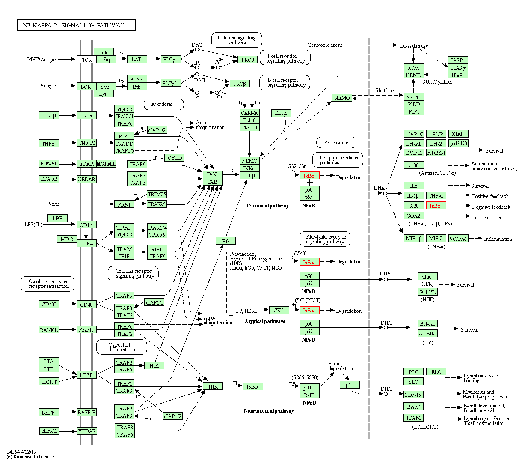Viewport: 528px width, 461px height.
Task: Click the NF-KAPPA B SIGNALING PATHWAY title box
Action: point(76,25)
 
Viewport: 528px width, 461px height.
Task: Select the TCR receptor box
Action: point(86,60)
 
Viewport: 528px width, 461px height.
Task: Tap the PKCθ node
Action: point(247,60)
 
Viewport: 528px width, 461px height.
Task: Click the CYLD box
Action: point(175,158)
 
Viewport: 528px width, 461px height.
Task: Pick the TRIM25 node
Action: point(157,194)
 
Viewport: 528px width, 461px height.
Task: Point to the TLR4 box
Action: point(86,243)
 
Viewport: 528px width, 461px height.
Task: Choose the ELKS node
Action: point(281,113)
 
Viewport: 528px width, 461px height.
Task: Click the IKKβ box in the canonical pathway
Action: point(249,175)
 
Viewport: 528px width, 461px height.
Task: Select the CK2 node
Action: point(279,310)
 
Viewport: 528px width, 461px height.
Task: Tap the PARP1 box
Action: point(458,60)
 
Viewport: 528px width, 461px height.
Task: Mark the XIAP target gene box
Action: point(457,134)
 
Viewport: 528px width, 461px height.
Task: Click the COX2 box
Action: point(413,216)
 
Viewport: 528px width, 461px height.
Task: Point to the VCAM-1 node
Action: point(458,239)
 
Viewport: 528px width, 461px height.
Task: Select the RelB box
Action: point(309,395)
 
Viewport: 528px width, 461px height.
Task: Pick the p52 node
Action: point(350,384)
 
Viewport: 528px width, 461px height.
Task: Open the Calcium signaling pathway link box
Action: point(237,40)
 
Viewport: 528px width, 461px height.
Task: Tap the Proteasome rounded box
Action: point(336,143)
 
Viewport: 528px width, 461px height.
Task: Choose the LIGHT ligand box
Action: point(49,382)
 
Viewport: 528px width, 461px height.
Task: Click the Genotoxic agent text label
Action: point(325,45)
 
